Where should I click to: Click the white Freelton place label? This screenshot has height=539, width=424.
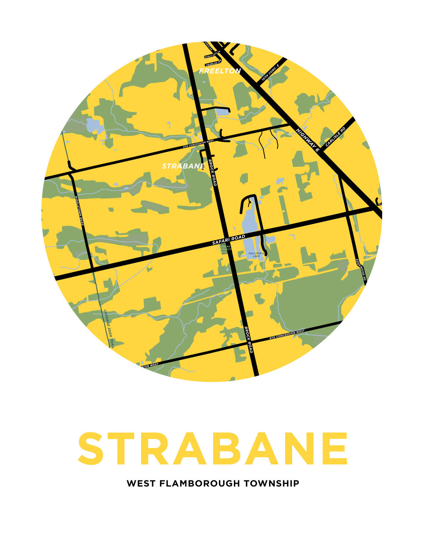220,71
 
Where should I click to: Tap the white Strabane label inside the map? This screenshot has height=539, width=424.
183,166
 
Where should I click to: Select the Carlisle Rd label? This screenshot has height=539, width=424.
335,136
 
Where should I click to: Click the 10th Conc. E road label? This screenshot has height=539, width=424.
270,73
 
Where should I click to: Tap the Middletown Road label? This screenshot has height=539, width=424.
79,211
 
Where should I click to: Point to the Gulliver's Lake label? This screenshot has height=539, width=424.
256,255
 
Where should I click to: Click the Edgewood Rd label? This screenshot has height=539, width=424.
360,270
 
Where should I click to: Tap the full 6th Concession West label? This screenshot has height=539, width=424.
287,335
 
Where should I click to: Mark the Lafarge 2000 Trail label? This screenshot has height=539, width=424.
109,329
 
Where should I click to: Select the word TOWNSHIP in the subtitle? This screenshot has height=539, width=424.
272,483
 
